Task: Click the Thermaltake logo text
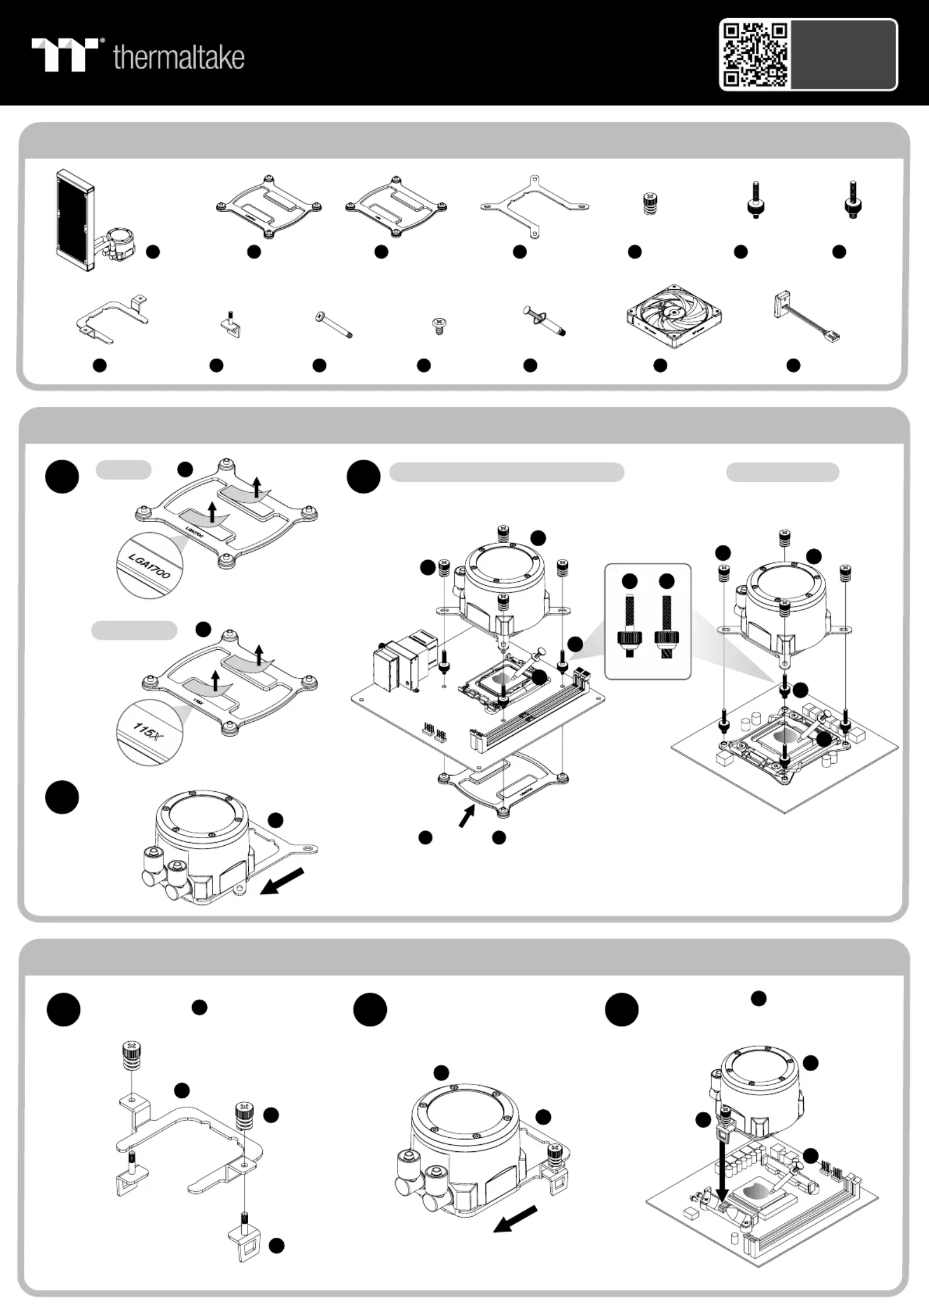[179, 57]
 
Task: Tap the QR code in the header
[755, 54]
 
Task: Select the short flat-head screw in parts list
[437, 325]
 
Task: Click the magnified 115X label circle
[149, 732]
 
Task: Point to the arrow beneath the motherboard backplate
[466, 815]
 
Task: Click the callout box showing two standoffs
[647, 621]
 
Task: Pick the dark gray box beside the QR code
[843, 54]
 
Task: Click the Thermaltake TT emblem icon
[65, 54]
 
